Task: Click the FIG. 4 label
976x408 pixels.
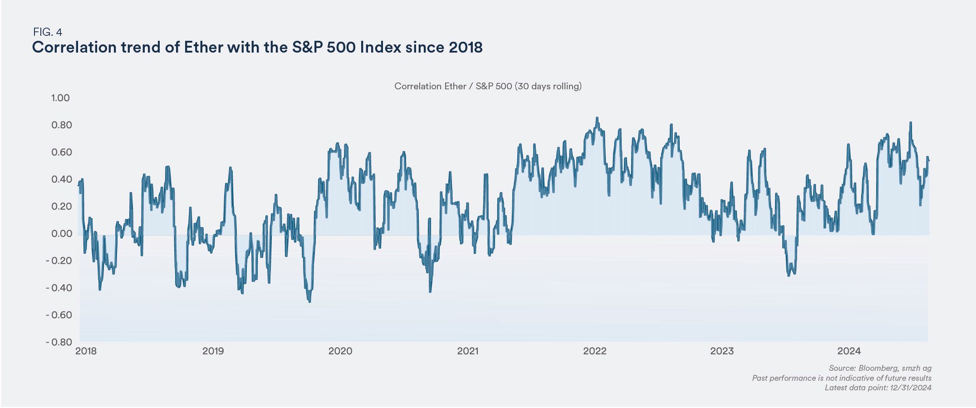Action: pyautogui.click(x=47, y=32)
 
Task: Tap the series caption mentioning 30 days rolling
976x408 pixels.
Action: pyautogui.click(x=488, y=86)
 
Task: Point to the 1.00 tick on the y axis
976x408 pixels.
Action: pyautogui.click(x=60, y=98)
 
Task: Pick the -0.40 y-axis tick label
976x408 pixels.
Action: pyautogui.click(x=59, y=288)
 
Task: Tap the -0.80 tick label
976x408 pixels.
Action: pyautogui.click(x=59, y=342)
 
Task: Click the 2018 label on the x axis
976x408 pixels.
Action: pyautogui.click(x=86, y=351)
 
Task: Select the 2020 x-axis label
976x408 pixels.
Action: pyautogui.click(x=340, y=351)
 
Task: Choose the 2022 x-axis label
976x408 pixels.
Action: pyautogui.click(x=594, y=351)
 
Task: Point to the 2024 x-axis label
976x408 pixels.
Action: pyautogui.click(x=849, y=351)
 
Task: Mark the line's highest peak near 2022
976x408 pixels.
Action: pyautogui.click(x=597, y=118)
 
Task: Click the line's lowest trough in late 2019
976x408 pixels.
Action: pyautogui.click(x=309, y=301)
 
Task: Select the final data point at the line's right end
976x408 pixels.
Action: pyautogui.click(x=929, y=160)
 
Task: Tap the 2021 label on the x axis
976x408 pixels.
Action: pyautogui.click(x=467, y=351)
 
